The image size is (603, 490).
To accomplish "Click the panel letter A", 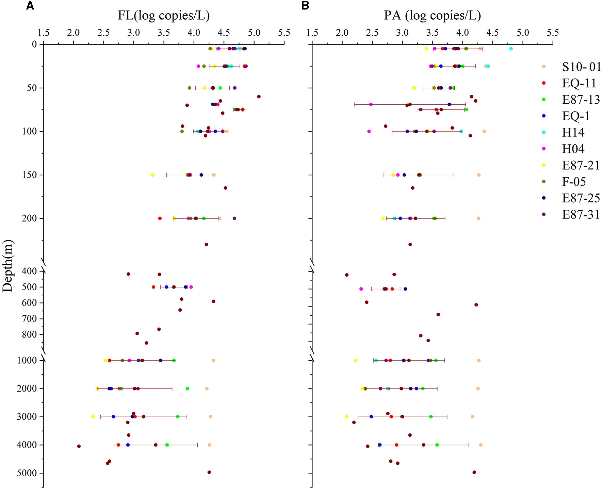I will [30, 6].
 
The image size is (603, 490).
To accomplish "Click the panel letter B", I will [305, 6].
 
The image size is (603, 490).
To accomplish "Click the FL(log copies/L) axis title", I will [164, 15].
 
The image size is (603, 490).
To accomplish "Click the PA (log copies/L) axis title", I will [432, 15].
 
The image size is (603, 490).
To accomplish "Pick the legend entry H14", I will [573, 133].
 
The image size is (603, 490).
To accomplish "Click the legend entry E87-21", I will [581, 165].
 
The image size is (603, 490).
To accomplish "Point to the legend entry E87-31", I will [581, 215].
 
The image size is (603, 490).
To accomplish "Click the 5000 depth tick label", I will [27, 473].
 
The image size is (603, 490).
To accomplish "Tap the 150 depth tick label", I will [30, 175].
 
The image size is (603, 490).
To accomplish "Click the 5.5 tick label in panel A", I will [284, 33].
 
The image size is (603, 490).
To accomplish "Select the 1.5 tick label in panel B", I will [312, 33].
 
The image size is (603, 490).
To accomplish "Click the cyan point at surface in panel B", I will [511, 49].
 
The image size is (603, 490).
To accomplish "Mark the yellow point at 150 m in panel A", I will [152, 175].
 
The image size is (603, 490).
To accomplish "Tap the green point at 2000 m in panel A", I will [187, 389].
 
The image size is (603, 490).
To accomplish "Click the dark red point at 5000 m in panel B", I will [474, 472].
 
